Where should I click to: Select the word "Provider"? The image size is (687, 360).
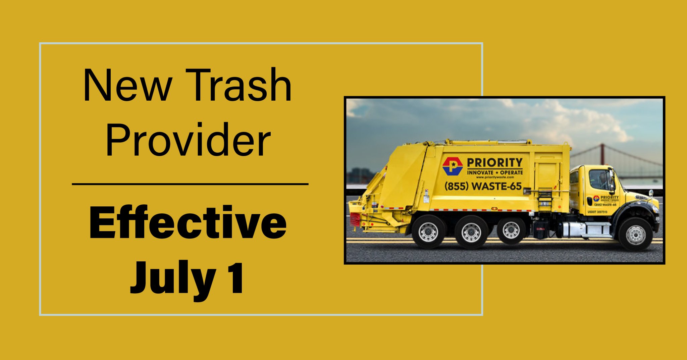[x=188, y=140]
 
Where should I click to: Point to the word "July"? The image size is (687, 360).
[x=173, y=278]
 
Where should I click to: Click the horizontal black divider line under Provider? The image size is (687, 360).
[x=190, y=184]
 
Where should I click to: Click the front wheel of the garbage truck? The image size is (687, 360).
[x=635, y=234]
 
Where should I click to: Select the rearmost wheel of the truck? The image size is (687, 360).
[x=428, y=232]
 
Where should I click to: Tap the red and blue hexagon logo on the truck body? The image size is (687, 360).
[x=453, y=166]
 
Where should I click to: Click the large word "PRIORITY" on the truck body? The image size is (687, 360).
[x=494, y=163]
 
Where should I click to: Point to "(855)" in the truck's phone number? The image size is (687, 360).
[x=456, y=186]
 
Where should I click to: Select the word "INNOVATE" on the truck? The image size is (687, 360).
[x=480, y=172]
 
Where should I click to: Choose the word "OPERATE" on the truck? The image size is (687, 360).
[x=511, y=172]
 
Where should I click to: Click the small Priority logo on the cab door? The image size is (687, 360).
[x=596, y=199]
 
